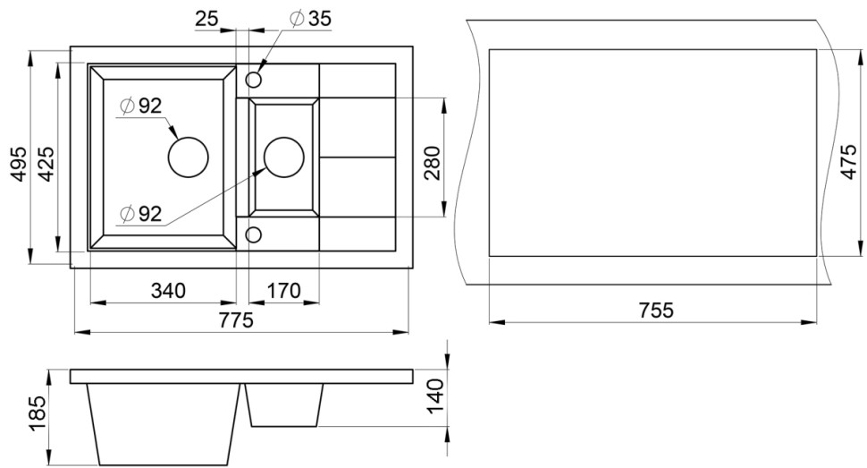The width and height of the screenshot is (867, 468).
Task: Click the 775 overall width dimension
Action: (x=236, y=319)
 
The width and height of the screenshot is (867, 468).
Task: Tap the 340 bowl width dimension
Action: (x=168, y=290)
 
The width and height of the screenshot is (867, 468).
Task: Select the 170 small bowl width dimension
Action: (x=283, y=290)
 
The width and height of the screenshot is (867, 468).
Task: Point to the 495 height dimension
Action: (x=19, y=164)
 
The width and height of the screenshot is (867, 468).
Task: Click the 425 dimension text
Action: (x=46, y=164)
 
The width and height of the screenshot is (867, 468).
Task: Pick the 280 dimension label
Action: (x=432, y=163)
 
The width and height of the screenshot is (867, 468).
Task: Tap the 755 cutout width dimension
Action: (x=656, y=311)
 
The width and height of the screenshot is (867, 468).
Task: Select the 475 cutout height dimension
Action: (x=849, y=162)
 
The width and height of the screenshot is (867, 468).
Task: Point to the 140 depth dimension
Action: (x=436, y=396)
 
